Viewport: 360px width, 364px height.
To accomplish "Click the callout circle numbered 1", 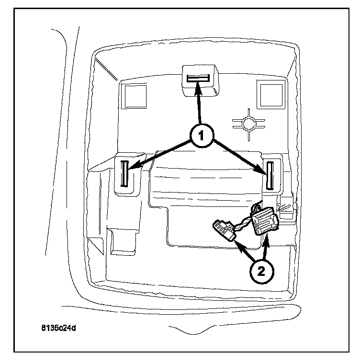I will pyautogui.click(x=201, y=136).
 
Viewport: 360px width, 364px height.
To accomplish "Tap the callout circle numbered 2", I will pyautogui.click(x=260, y=271).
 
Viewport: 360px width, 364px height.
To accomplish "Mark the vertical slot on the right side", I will pyautogui.click(x=270, y=175).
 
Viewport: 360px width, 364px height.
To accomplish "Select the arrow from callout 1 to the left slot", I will pyautogui.click(x=158, y=152).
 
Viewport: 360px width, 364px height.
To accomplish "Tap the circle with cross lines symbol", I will pyautogui.click(x=248, y=124).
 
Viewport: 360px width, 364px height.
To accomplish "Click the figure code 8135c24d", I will pyautogui.click(x=59, y=330).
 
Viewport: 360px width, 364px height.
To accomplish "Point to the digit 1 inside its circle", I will pyautogui.click(x=201, y=136).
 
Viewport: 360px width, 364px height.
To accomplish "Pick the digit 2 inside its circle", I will pyautogui.click(x=260, y=271).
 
